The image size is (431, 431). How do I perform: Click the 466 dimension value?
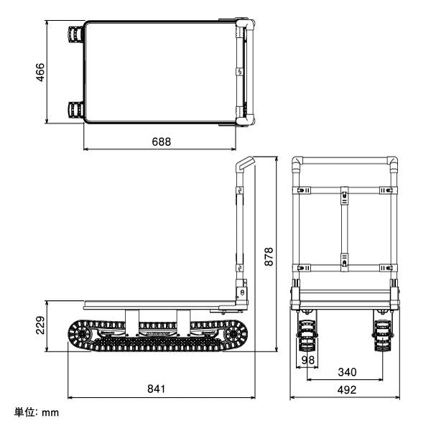pyautogui.click(x=41, y=72)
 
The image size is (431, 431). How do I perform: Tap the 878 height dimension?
pyautogui.click(x=269, y=255)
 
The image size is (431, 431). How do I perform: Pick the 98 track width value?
pyautogui.click(x=308, y=359)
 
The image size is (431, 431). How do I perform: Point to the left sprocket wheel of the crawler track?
pyautogui.click(x=82, y=335)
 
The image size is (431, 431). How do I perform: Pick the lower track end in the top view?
pyautogui.click(x=75, y=111)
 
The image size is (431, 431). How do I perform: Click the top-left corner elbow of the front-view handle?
pyautogui.click(x=297, y=164)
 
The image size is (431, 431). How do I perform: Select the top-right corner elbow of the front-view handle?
pyautogui.click(x=392, y=164)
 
